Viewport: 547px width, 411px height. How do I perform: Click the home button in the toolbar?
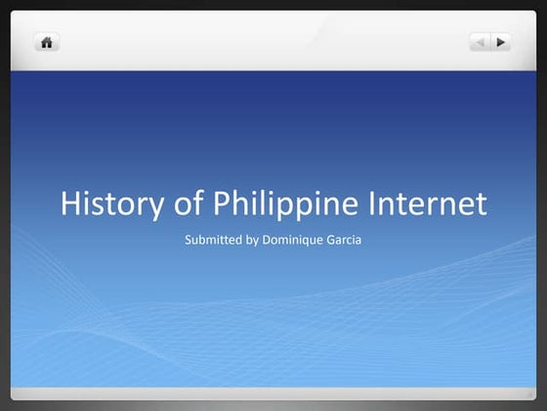tap(47, 42)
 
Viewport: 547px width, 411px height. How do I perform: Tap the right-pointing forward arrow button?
tap(501, 42)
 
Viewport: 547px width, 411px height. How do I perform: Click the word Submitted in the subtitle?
tap(212, 240)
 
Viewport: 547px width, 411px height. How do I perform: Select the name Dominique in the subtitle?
tap(294, 240)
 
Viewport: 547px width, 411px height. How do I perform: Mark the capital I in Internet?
tap(376, 205)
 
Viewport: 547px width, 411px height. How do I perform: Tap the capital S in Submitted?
tap(188, 240)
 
